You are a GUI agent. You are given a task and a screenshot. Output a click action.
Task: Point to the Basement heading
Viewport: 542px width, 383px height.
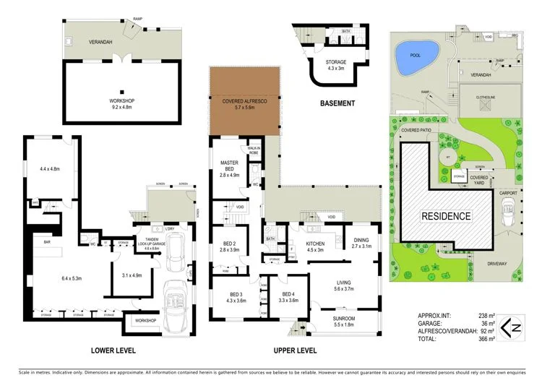[337, 103]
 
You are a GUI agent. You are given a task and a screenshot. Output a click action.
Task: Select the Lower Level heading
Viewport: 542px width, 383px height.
[113, 350]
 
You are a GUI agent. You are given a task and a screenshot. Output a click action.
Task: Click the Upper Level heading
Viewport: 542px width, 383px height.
[294, 350]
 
